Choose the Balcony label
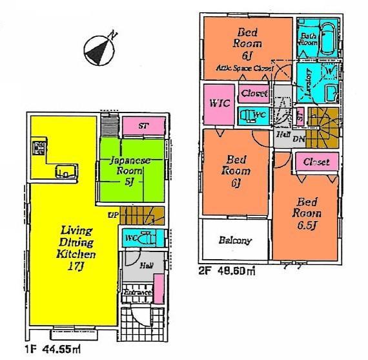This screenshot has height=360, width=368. [x=234, y=240]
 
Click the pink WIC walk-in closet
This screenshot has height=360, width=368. [x=218, y=103]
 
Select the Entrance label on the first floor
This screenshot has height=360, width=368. [x=138, y=293]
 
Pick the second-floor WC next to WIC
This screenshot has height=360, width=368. [x=255, y=116]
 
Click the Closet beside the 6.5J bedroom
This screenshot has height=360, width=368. [x=316, y=162]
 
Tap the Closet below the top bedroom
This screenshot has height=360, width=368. [x=254, y=93]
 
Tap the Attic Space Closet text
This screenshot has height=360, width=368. [x=245, y=68]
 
